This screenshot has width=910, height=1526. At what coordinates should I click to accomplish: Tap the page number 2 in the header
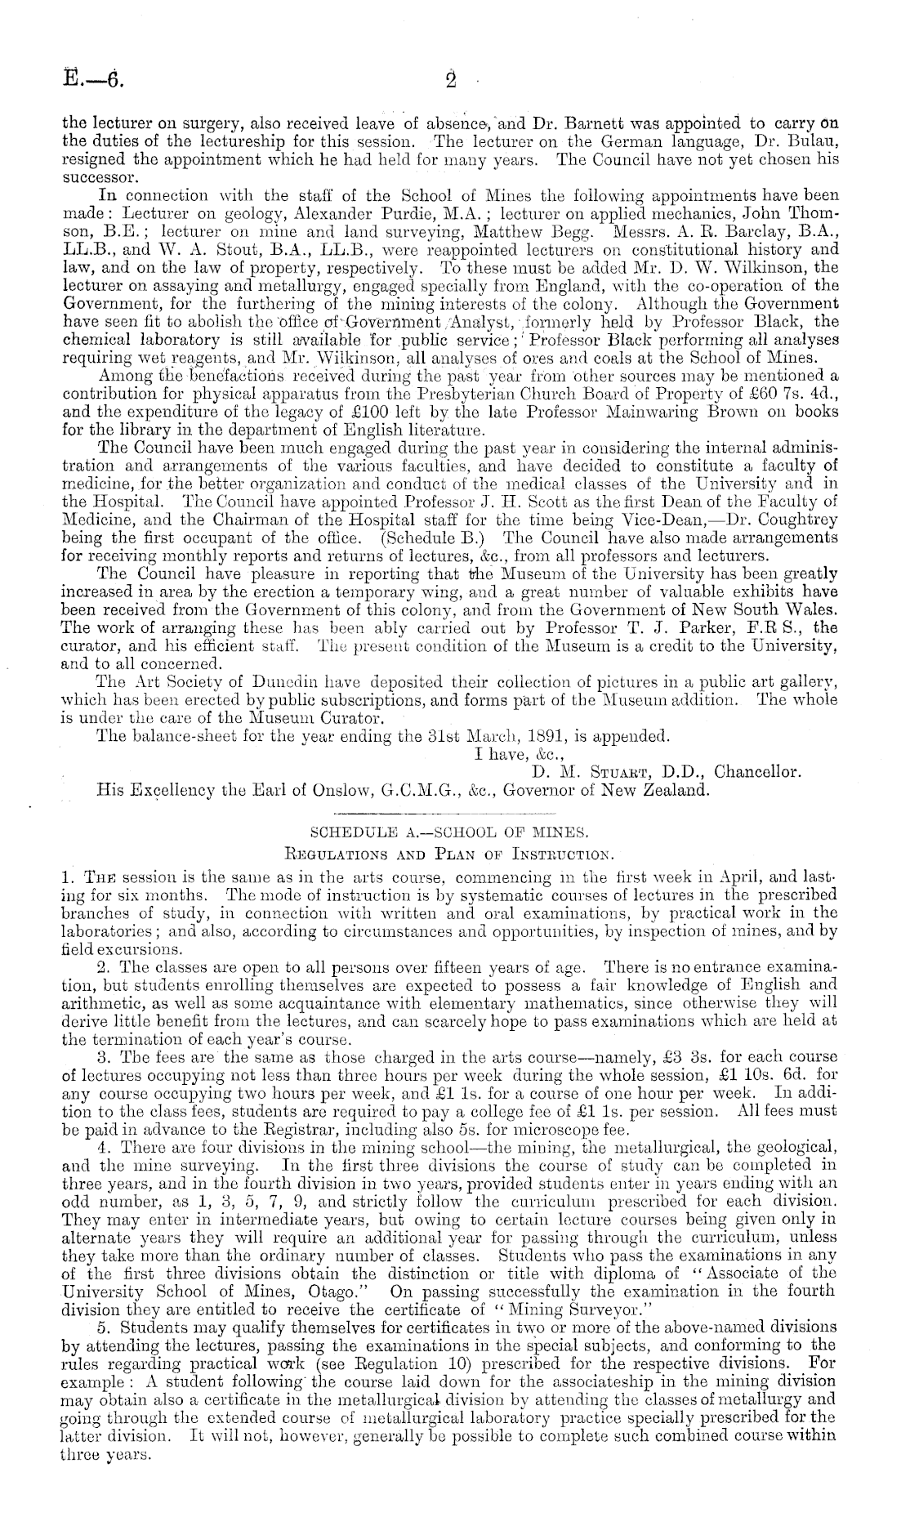pos(450,81)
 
